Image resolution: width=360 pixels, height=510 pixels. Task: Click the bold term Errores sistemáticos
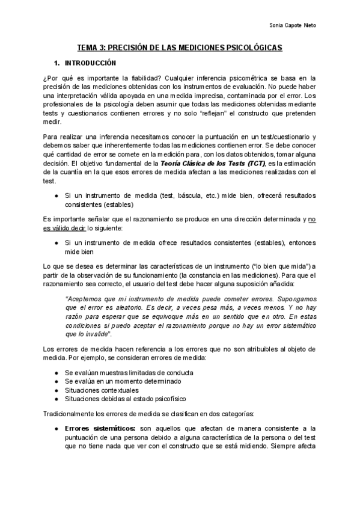(x=93, y=428)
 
